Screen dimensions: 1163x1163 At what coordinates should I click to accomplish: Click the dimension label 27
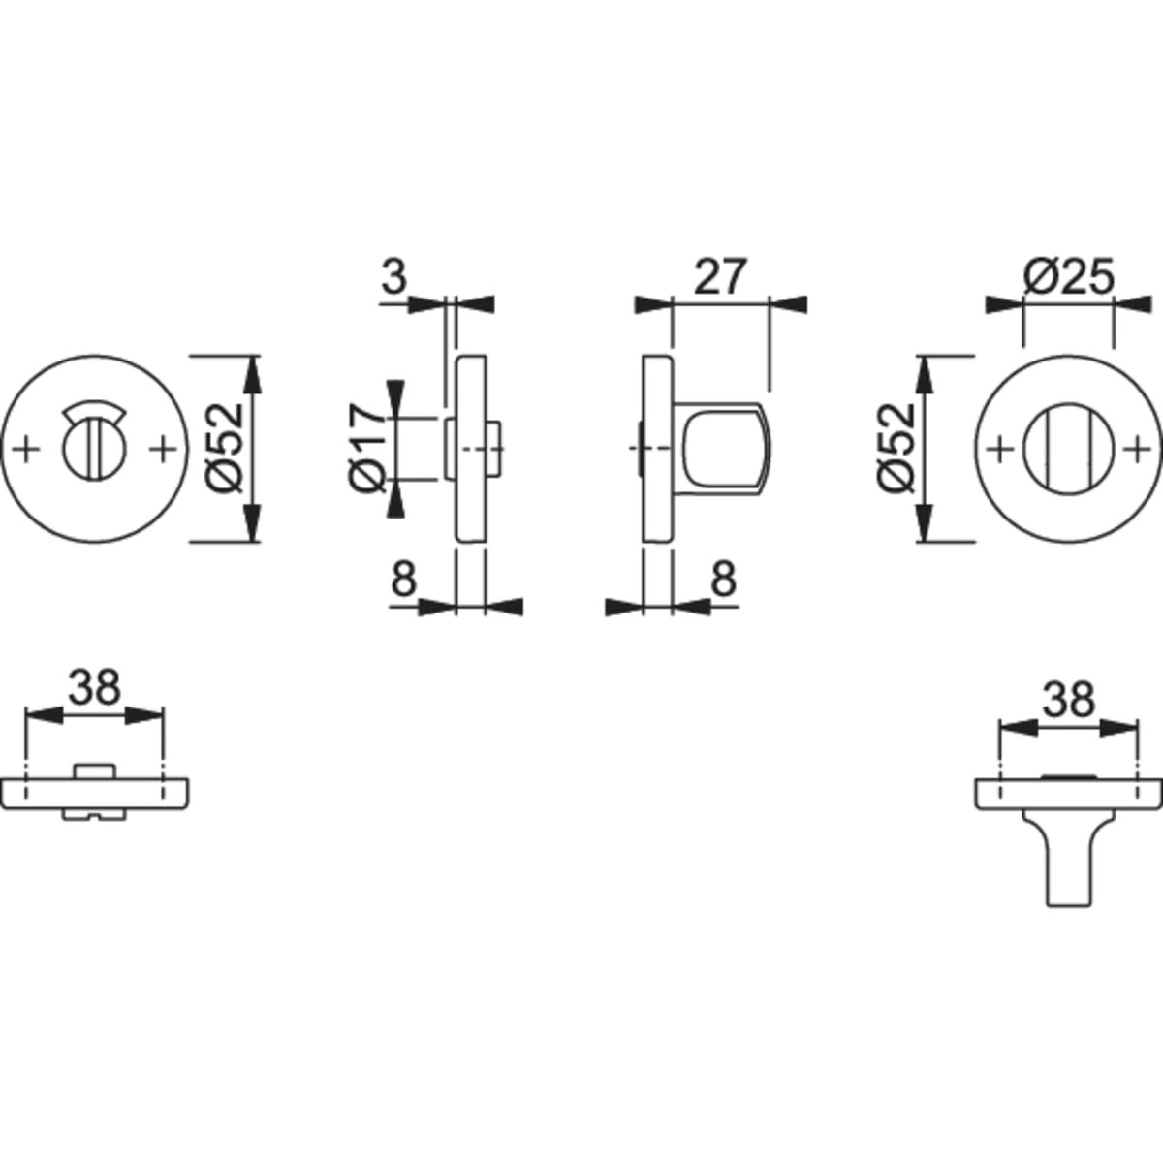coord(721,277)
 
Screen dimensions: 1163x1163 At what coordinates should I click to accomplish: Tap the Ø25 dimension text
coord(1068,277)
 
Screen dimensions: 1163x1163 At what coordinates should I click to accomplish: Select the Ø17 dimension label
coord(366,449)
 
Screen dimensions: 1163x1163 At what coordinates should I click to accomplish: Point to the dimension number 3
coord(394,277)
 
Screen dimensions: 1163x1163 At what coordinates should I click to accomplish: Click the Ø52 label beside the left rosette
coord(224,449)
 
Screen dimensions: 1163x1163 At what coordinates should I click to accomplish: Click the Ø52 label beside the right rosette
coord(896,449)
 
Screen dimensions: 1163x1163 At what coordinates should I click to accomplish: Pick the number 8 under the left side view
coord(404,578)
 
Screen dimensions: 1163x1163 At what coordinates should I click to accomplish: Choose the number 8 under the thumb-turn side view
coord(724,578)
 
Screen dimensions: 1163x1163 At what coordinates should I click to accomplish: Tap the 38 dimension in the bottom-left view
coord(95,687)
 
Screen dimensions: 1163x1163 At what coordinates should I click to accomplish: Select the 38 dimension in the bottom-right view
coord(1069,700)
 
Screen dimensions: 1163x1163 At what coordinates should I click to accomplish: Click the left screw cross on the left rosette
coord(25,449)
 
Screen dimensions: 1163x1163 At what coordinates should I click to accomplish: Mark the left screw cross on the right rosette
coord(1000,449)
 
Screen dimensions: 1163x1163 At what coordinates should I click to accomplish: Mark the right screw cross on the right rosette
coord(1138,449)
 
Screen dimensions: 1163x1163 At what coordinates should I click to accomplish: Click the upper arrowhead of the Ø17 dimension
coord(395,398)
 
